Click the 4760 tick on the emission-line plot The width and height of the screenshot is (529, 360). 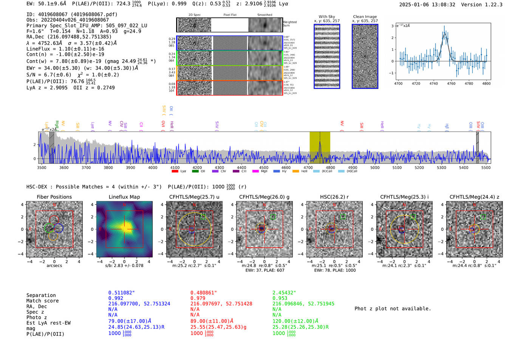click(451, 83)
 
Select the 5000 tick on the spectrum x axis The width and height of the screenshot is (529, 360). click(375, 168)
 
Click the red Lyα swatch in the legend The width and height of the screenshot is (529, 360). click(175, 172)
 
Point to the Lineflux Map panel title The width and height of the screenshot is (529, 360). click(124, 197)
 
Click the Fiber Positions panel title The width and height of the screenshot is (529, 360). click(54, 197)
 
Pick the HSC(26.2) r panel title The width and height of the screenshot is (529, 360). click(334, 197)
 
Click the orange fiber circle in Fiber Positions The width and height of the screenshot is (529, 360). click(53, 236)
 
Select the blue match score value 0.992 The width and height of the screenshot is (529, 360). click(116, 298)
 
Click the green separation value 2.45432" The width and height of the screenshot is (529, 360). click(284, 293)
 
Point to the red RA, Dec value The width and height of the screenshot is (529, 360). click(221, 304)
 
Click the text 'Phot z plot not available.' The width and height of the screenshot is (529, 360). click(393, 309)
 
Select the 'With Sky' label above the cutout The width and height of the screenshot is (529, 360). click(327, 17)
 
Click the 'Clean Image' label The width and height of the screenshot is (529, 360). click(365, 17)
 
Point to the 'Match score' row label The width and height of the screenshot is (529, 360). click(42, 301)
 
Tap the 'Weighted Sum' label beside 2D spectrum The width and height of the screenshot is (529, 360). click(289, 24)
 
